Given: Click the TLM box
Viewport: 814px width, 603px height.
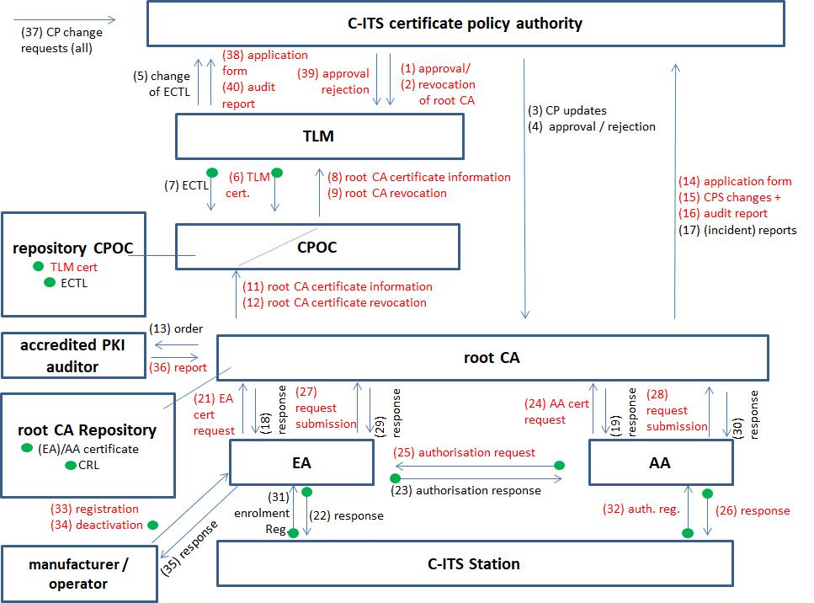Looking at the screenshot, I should pos(319,136).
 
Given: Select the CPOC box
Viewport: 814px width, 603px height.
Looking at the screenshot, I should pos(317,246).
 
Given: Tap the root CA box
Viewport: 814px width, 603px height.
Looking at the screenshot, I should pos(492,357).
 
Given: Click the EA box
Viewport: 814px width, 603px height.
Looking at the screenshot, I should pos(301,462).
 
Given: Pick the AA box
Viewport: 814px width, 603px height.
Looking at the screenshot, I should pos(660,462).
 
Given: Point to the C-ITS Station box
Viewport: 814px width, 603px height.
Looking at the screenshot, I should pos(475,563).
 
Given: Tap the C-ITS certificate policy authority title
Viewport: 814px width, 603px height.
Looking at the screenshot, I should pos(465,23).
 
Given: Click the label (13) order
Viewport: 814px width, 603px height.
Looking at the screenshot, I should pos(176,328).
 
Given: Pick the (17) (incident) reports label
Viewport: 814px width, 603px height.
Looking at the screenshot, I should pos(737,230).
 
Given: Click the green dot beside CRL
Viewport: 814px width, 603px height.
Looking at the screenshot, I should pos(71,465).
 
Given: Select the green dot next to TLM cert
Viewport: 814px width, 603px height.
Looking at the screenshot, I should pos(38,267).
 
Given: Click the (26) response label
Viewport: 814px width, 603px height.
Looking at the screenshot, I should pos(753,510).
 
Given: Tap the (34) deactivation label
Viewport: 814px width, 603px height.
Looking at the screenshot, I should pos(98,525).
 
